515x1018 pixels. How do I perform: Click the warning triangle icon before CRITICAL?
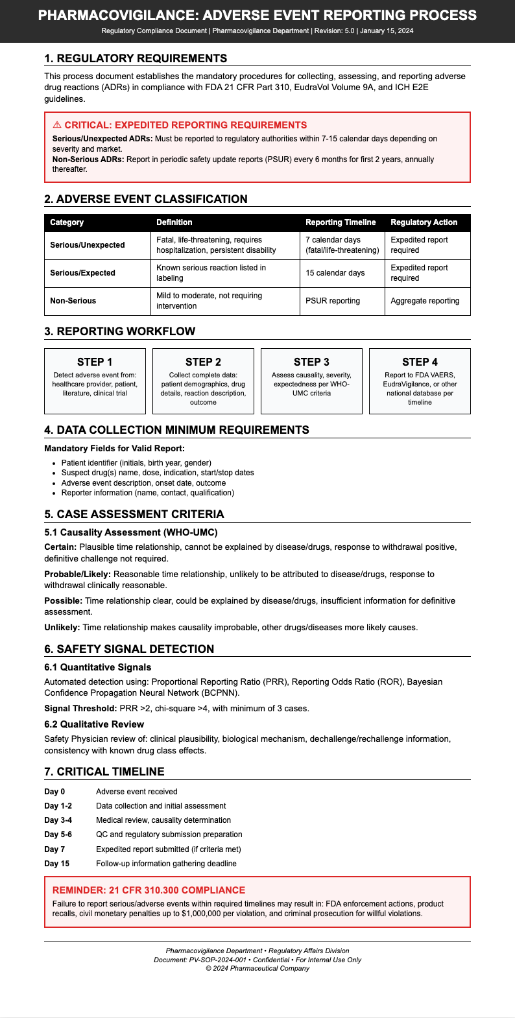coord(57,125)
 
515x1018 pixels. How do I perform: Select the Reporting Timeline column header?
coord(341,222)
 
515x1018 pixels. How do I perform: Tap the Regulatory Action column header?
coord(424,222)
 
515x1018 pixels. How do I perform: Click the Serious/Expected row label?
coord(82,273)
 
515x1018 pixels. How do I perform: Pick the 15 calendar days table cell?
coord(335,273)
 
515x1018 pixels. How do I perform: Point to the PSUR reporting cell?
coord(332,301)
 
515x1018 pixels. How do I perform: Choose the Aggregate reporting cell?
coord(425,301)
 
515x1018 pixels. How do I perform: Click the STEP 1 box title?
coord(95,362)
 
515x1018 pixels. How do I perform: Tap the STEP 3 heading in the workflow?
coord(311,362)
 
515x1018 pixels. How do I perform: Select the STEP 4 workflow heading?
coord(420,362)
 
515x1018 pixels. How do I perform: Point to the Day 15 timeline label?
coord(56,864)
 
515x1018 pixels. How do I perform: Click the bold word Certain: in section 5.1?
coord(60,547)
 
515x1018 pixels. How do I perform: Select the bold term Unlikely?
coord(62,627)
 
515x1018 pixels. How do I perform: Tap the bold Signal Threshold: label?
coord(80,708)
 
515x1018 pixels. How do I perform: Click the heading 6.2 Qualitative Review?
coord(94,724)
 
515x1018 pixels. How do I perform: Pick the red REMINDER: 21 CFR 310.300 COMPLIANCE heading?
coord(149,890)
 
